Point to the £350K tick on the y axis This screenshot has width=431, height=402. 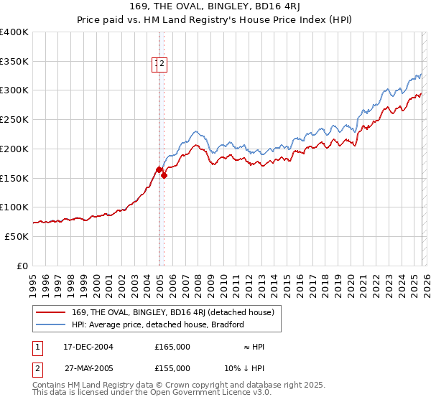coord(14,62)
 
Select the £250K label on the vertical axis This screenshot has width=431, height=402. coord(14,120)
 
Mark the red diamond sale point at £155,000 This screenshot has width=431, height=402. coord(164,174)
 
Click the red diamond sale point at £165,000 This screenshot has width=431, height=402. coord(159,169)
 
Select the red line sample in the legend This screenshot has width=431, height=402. coord(52,312)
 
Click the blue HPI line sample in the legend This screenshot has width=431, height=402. coord(52,324)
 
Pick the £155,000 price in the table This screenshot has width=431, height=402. coord(172,368)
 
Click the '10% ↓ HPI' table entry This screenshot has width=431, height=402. coord(244,368)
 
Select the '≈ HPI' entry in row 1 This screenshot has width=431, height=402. coord(253,347)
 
